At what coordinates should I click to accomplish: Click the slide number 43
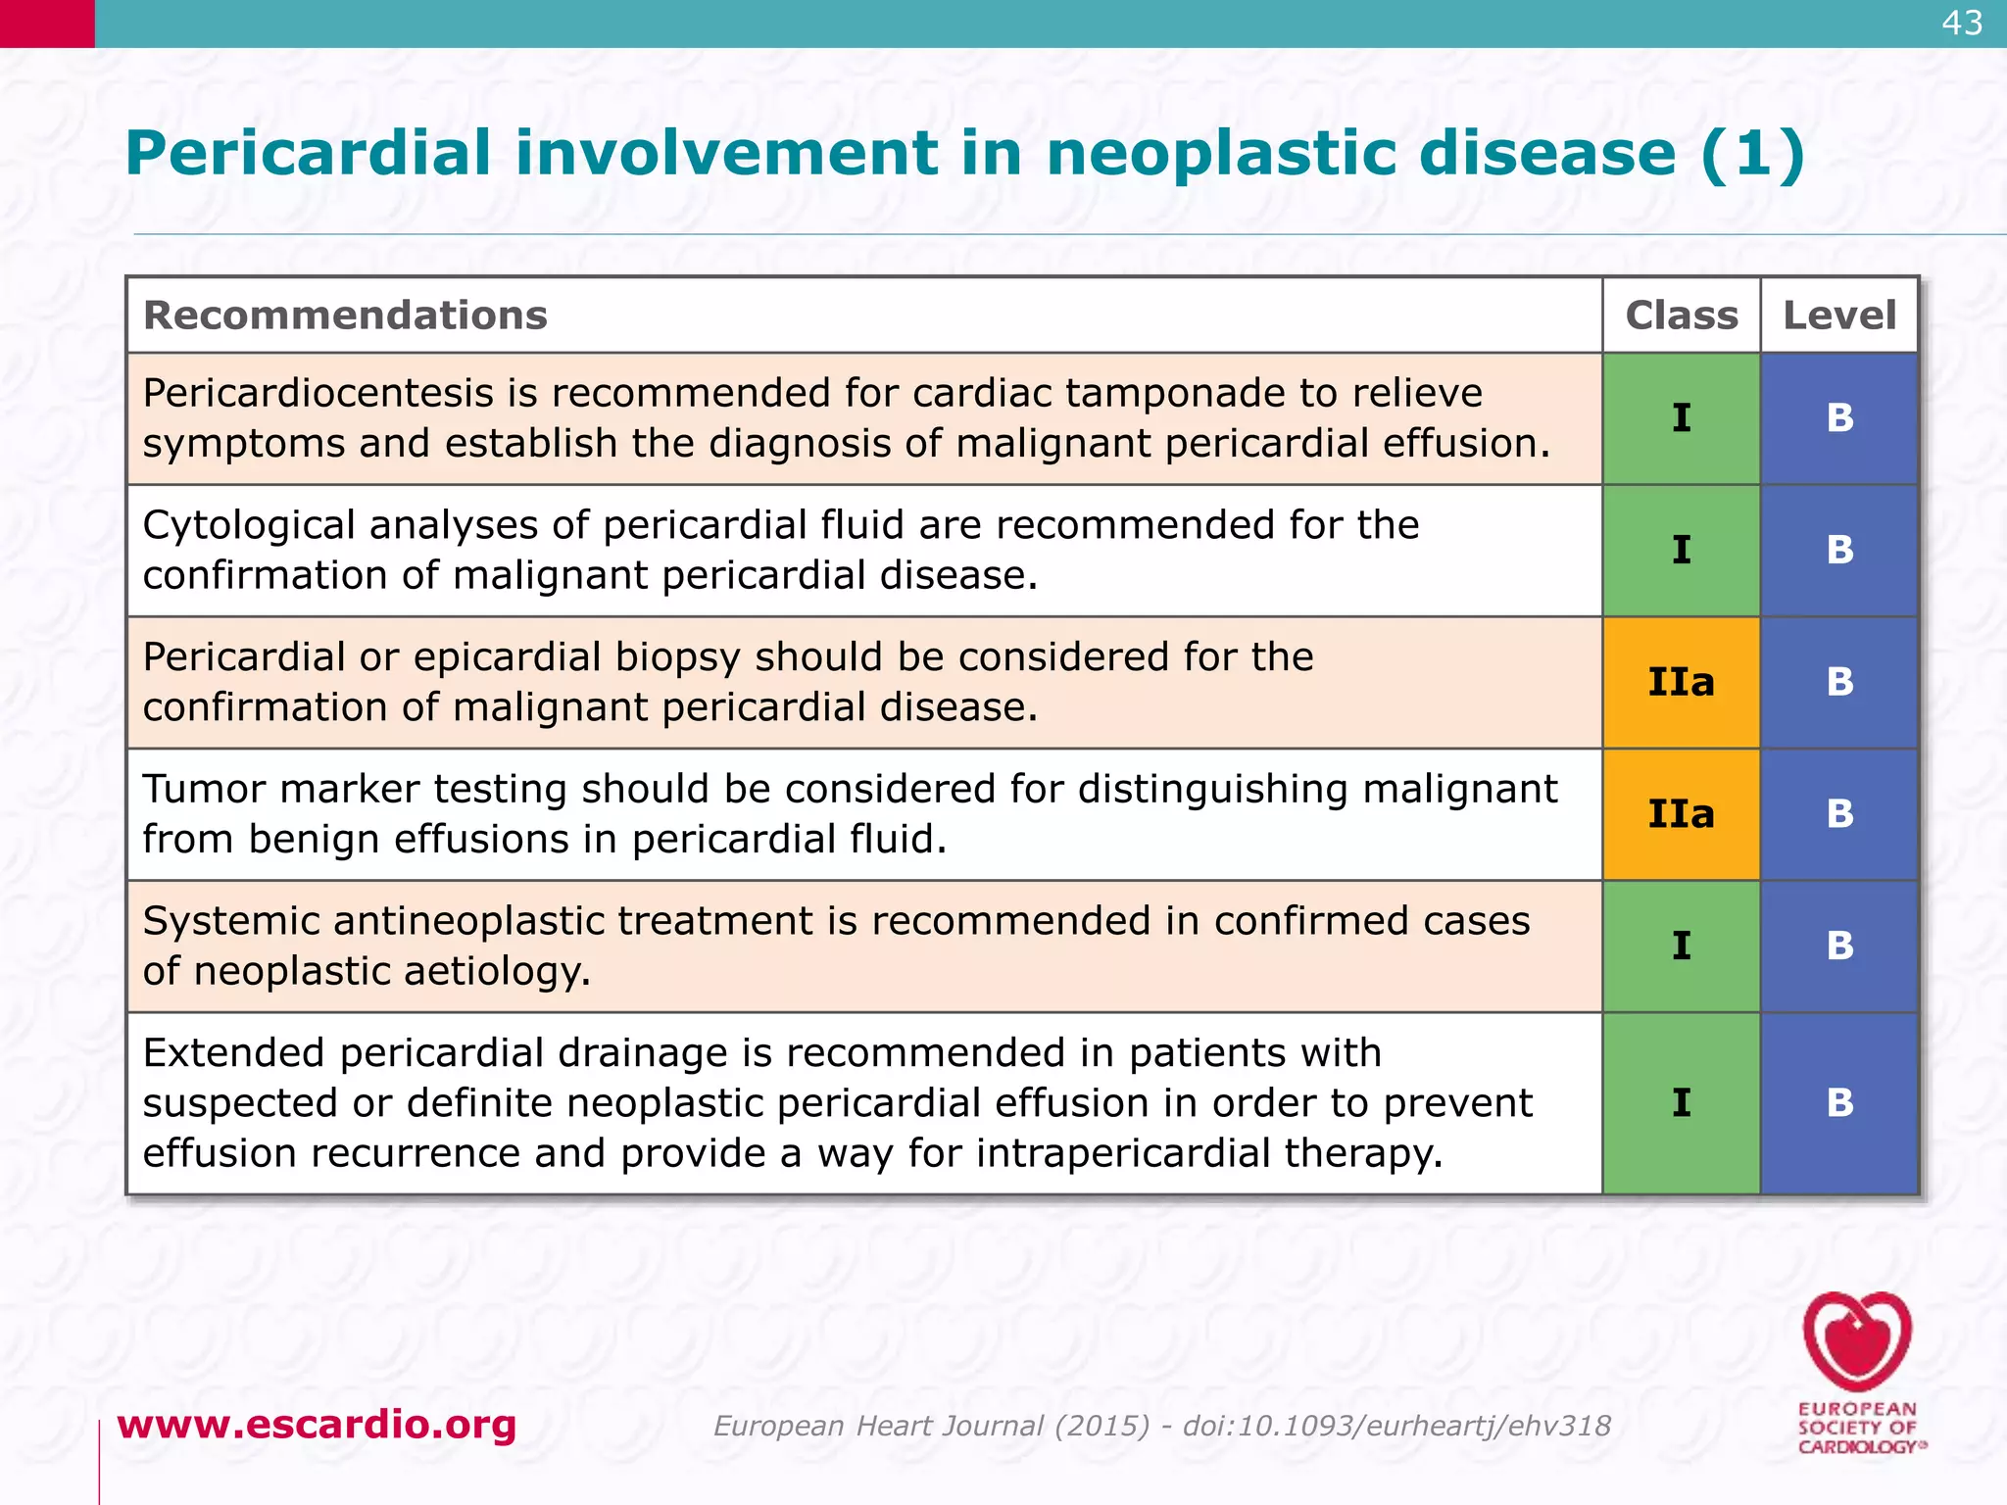pos(1962,23)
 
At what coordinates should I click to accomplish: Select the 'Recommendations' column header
pos(345,316)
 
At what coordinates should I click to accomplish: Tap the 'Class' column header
pos(1681,316)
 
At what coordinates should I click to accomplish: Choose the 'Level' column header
pos(1838,316)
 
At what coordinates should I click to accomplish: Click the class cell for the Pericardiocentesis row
pos(1681,418)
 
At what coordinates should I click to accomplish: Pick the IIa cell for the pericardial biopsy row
pos(1681,682)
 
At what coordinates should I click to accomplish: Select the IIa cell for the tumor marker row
pos(1681,814)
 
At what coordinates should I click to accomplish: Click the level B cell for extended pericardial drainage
pos(1839,1103)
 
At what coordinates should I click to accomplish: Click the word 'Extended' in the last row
pos(234,1053)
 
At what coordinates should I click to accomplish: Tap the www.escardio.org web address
pos(317,1424)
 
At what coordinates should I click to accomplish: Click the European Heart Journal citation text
pos(1161,1426)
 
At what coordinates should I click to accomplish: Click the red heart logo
pos(1856,1340)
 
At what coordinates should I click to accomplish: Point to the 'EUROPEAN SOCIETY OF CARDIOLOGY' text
pos(1857,1428)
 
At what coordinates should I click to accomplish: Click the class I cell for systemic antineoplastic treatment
pos(1681,947)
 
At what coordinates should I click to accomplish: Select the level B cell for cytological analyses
pos(1839,551)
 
